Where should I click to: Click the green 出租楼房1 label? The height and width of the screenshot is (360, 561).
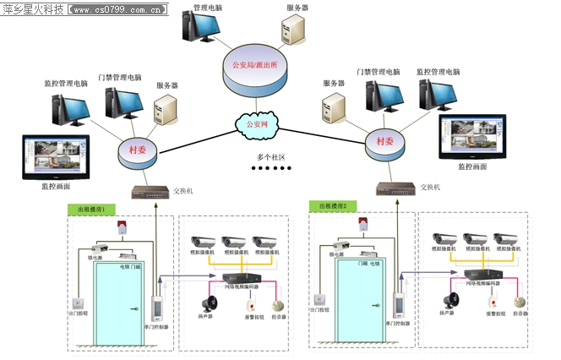(91, 208)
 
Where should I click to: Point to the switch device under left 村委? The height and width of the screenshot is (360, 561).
(150, 192)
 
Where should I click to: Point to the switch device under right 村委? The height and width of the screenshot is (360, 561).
(395, 188)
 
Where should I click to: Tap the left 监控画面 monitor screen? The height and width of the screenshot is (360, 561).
(52, 154)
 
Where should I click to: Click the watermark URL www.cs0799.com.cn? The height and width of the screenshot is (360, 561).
(118, 9)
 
